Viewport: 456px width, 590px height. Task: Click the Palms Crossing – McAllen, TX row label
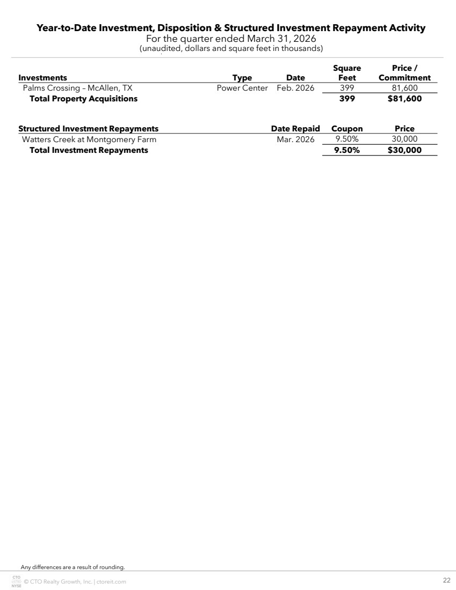click(77, 88)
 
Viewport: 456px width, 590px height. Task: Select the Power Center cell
click(242, 88)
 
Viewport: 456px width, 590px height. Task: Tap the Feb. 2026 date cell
click(295, 88)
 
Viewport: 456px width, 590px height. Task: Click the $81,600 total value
click(404, 99)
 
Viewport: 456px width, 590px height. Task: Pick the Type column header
click(242, 78)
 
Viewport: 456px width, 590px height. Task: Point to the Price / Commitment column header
click(404, 73)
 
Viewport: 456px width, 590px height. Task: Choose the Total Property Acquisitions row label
click(83, 99)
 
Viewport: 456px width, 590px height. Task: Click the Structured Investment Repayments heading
click(89, 129)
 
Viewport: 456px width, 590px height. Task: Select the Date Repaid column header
click(295, 129)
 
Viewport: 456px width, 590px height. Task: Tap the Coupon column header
click(347, 129)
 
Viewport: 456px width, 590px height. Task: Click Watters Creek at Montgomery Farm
click(89, 139)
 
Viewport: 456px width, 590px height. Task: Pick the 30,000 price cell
click(404, 139)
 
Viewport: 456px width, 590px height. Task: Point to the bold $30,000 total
click(404, 150)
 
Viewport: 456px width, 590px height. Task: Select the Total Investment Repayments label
click(89, 150)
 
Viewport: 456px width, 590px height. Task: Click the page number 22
click(446, 580)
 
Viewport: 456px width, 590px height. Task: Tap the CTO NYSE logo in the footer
click(16, 581)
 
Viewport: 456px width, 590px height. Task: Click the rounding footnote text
click(73, 566)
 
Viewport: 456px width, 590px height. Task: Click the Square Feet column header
click(347, 73)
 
